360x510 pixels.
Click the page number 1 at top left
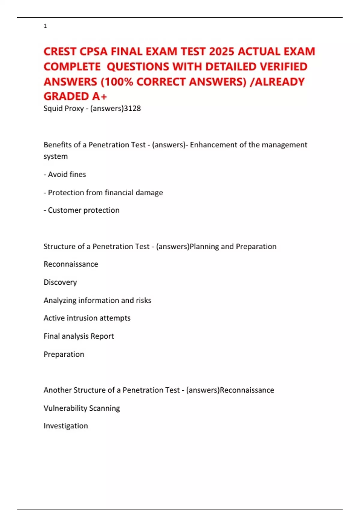coord(45,26)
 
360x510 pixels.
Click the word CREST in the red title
coord(60,52)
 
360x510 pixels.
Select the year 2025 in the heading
coord(221,52)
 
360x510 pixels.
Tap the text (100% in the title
coord(117,82)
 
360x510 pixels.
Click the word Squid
coord(53,108)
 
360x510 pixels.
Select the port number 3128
coord(132,108)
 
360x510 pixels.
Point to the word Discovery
coord(60,282)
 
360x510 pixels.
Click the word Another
coord(57,390)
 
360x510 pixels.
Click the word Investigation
coord(66,426)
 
